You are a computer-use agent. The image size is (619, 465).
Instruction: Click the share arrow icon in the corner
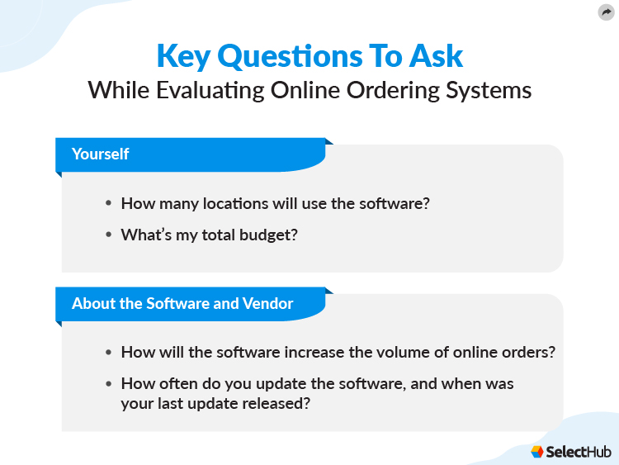coord(607,12)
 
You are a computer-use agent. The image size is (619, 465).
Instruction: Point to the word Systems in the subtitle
coord(489,90)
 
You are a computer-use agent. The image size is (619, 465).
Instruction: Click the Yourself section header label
coord(100,154)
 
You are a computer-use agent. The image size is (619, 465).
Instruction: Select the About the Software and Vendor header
coord(182,303)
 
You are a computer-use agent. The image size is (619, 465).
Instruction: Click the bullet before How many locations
coord(108,204)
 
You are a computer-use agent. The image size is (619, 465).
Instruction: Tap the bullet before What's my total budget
coord(108,235)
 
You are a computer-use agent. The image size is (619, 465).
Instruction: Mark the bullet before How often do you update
coord(108,384)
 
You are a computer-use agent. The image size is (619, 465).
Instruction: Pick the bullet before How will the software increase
coord(108,353)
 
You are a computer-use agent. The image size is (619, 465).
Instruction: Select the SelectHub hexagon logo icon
coord(537,451)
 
